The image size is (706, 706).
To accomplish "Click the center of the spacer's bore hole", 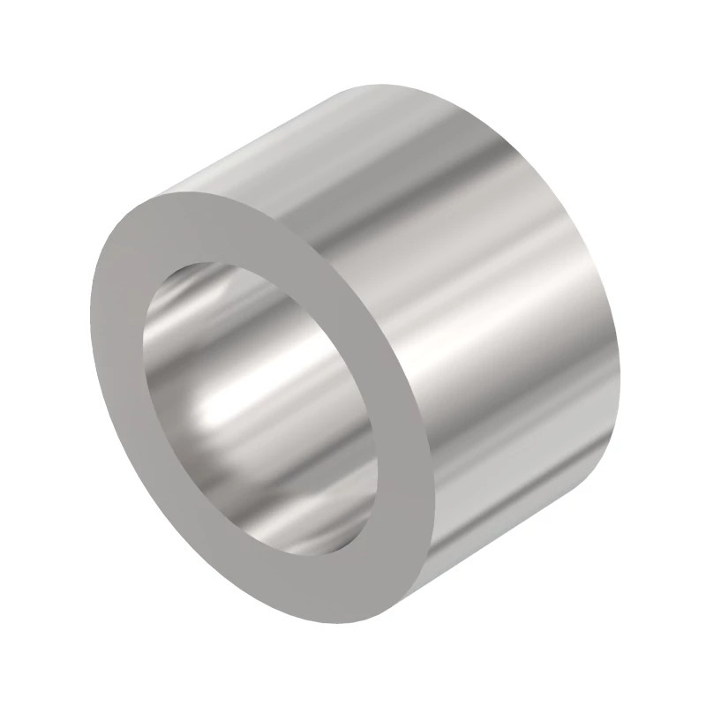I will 265,406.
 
